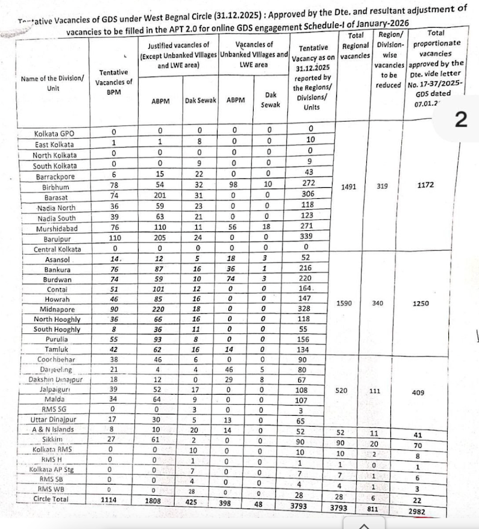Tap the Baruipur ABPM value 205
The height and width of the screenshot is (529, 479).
click(x=160, y=238)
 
